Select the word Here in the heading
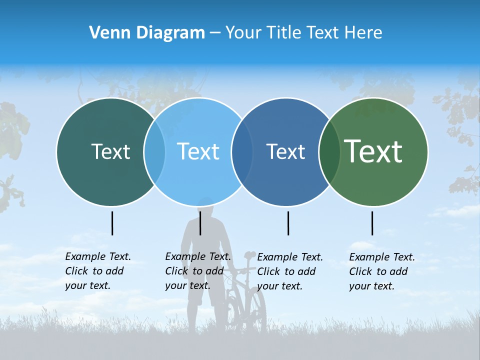[364, 33]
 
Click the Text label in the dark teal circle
[110, 151]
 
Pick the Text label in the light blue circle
[198, 151]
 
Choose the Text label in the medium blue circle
[285, 151]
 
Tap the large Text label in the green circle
[373, 151]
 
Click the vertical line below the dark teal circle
[112, 223]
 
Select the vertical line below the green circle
[372, 223]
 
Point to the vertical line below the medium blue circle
[288, 223]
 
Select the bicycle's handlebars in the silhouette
[245, 270]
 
